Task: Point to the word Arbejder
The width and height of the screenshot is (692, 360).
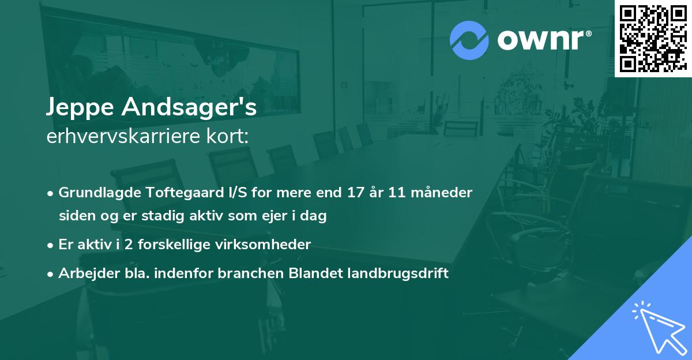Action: coord(83,273)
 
